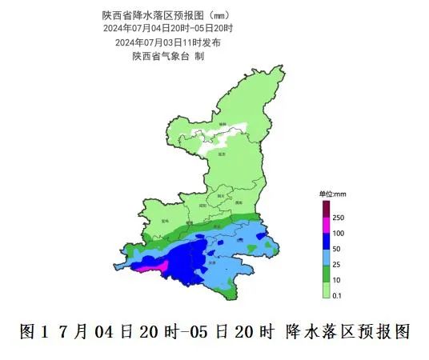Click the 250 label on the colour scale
pyautogui.click(x=338, y=218)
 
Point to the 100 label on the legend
pyautogui.click(x=338, y=233)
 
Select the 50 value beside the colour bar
pyautogui.click(x=336, y=248)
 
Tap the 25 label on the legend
pyautogui.click(x=336, y=264)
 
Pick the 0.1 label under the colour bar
pyautogui.click(x=337, y=296)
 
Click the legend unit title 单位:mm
pyautogui.click(x=332, y=194)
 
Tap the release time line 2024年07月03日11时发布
pyautogui.click(x=168, y=42)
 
